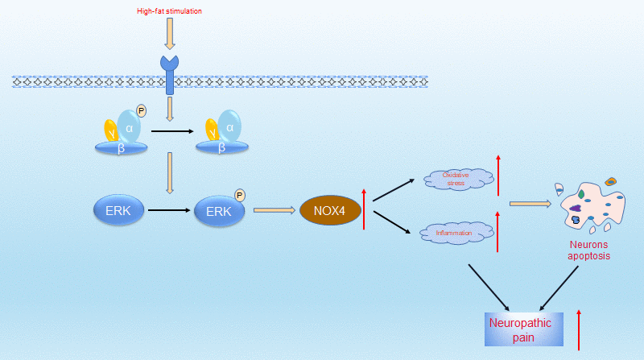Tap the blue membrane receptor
pyautogui.click(x=169, y=72)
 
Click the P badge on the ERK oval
pyautogui.click(x=239, y=195)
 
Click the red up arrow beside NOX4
pyautogui.click(x=364, y=207)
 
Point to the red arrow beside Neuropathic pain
pyautogui.click(x=579, y=328)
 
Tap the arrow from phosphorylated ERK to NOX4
pyautogui.click(x=273, y=211)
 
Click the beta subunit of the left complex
pyautogui.click(x=122, y=147)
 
